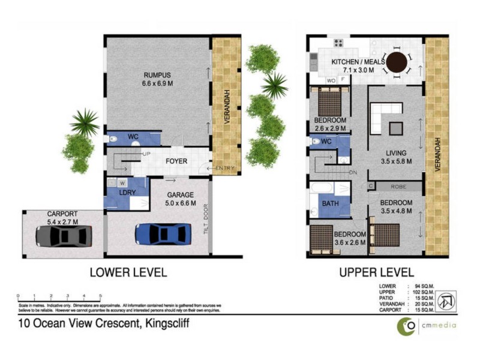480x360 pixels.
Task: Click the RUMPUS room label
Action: pyautogui.click(x=157, y=75)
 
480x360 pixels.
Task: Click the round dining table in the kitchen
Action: pyautogui.click(x=397, y=62)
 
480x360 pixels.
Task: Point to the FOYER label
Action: pyautogui.click(x=177, y=161)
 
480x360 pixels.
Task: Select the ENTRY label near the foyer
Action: pyautogui.click(x=224, y=168)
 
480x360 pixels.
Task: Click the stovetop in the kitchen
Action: pyautogui.click(x=338, y=43)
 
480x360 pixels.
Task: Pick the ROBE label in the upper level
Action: pyautogui.click(x=399, y=187)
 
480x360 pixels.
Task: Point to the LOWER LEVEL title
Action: pyautogui.click(x=128, y=272)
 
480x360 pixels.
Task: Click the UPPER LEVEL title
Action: pyautogui.click(x=376, y=272)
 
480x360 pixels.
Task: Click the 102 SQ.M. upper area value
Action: pyautogui.click(x=422, y=292)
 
